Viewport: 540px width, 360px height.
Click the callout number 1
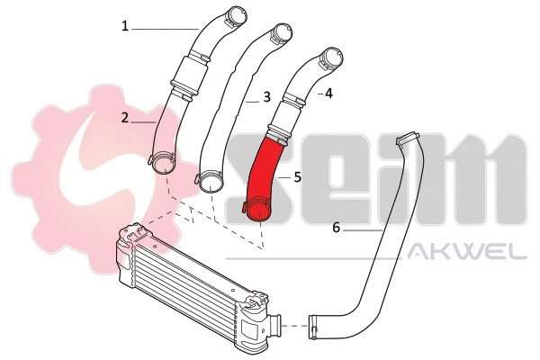tap(126, 26)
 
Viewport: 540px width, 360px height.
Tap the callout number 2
tap(126, 117)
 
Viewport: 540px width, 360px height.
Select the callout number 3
tap(266, 96)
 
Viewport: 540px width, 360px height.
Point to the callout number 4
tap(328, 93)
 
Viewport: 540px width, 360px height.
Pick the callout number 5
tap(297, 177)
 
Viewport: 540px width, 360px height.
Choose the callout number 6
tap(336, 228)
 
